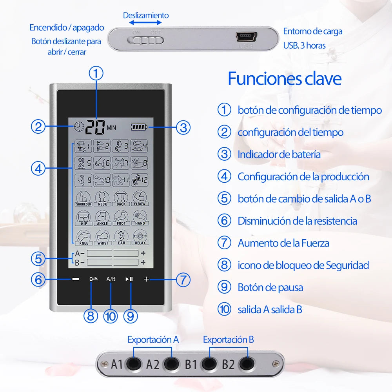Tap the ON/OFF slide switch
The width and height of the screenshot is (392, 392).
(x=147, y=40)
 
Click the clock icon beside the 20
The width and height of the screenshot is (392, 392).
(x=79, y=126)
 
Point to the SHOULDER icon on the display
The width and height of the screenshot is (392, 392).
(x=83, y=198)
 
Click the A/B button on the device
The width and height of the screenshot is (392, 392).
(x=111, y=279)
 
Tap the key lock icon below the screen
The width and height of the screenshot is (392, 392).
(x=93, y=279)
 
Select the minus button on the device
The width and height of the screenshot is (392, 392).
(x=76, y=279)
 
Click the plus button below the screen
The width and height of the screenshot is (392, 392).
(x=147, y=279)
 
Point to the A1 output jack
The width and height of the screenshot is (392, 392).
(x=134, y=364)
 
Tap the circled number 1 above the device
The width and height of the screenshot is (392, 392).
(x=96, y=73)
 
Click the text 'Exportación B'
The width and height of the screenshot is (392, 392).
(x=228, y=339)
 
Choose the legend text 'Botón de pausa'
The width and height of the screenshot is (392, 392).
(x=270, y=287)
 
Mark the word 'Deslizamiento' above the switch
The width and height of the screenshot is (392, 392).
(x=146, y=15)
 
